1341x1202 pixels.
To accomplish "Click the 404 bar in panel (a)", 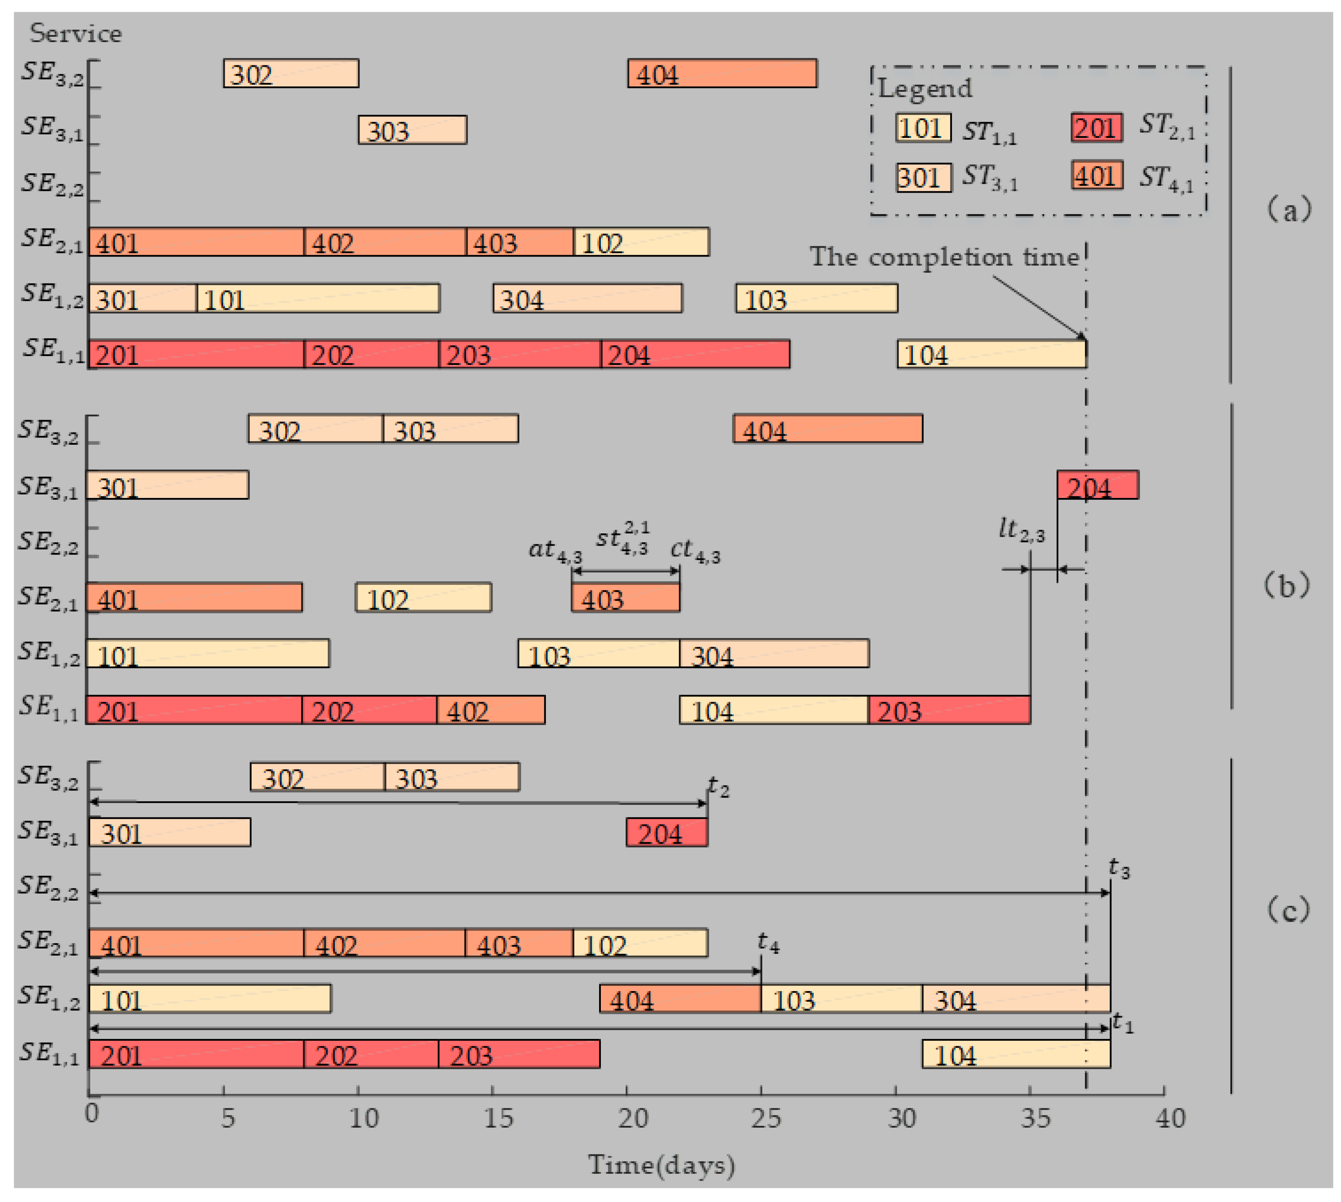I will [x=722, y=73].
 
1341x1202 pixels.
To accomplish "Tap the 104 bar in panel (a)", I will [x=991, y=355].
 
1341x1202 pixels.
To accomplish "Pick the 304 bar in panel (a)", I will [x=587, y=299].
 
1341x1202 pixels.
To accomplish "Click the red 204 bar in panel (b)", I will [x=1097, y=485].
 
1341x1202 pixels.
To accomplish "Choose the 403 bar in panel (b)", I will [x=625, y=598].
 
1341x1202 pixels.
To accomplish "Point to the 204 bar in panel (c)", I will [x=667, y=832].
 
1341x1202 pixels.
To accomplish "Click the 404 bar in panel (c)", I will [x=680, y=999].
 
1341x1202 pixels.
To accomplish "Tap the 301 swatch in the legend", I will [x=923, y=177].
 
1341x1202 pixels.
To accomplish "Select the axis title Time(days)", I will [x=662, y=1165].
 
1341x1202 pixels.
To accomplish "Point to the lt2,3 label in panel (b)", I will [x=1021, y=530].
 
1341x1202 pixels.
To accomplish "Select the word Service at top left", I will [x=75, y=33].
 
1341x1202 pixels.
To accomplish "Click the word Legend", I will [x=925, y=88].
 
